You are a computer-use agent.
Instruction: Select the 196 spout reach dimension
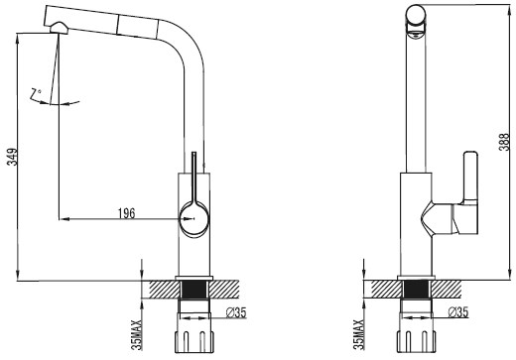pyautogui.click(x=127, y=211)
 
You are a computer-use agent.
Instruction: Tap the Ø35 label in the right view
pyautogui.click(x=458, y=312)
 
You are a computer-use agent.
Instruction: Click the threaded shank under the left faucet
pyautogui.click(x=194, y=295)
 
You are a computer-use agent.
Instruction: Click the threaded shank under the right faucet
pyautogui.click(x=418, y=295)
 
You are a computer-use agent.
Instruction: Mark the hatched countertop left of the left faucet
pyautogui.click(x=159, y=289)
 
